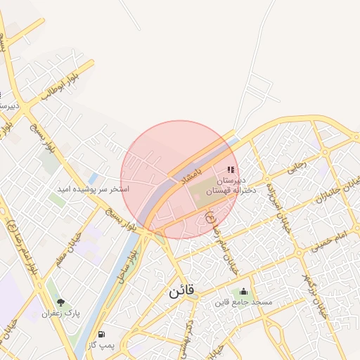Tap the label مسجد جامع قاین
tap(243, 303)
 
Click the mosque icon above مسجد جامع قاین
tap(243, 292)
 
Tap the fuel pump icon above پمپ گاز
tap(102, 335)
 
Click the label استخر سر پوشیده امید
tap(94, 190)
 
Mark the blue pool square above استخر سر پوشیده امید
tap(94, 179)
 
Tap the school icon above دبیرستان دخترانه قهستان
tap(231, 169)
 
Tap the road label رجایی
tap(296, 168)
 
